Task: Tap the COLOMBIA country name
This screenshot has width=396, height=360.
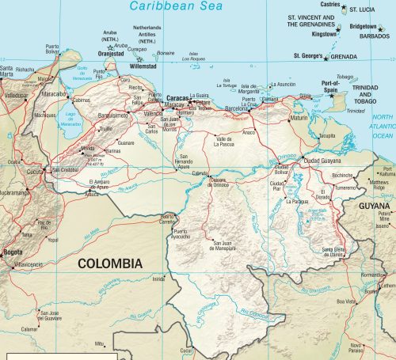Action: [107, 263]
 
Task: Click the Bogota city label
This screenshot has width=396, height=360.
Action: [12, 252]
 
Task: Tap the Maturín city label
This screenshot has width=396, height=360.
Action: [299, 118]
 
